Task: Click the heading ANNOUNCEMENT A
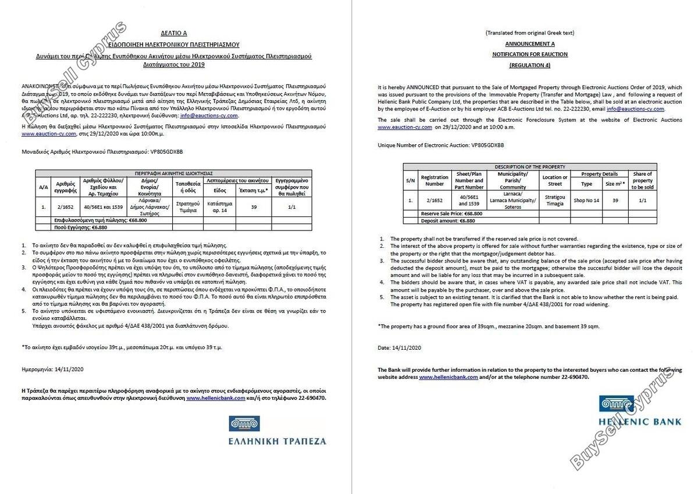(529, 44)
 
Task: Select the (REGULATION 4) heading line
(529, 65)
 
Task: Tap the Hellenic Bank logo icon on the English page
(617, 404)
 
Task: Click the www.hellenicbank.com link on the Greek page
(216, 398)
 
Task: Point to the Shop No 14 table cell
(587, 200)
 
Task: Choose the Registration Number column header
(435, 180)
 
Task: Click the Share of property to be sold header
(642, 180)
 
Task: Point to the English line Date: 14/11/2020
(399, 347)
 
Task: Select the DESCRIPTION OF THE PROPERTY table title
(530, 166)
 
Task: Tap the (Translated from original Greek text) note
(529, 33)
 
